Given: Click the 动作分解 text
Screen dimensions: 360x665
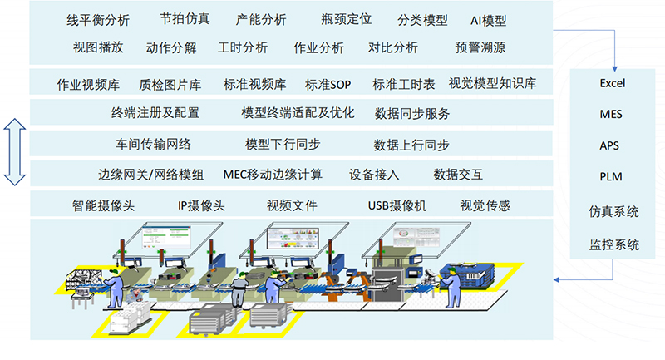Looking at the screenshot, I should [171, 47].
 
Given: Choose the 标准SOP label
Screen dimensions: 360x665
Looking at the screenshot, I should [328, 84].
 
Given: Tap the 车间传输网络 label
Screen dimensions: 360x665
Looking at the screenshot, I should [154, 145].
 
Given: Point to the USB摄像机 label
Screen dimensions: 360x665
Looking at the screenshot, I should [397, 205].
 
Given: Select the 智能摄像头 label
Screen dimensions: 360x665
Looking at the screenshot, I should [104, 205].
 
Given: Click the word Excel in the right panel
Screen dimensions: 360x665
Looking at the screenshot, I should [612, 84].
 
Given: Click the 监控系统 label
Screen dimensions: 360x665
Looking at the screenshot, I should [613, 244].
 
